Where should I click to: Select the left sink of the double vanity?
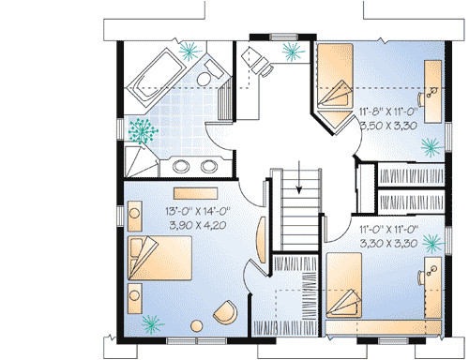point(181,168)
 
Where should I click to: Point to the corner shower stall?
point(142,160)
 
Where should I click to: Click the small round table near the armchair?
point(196,325)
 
